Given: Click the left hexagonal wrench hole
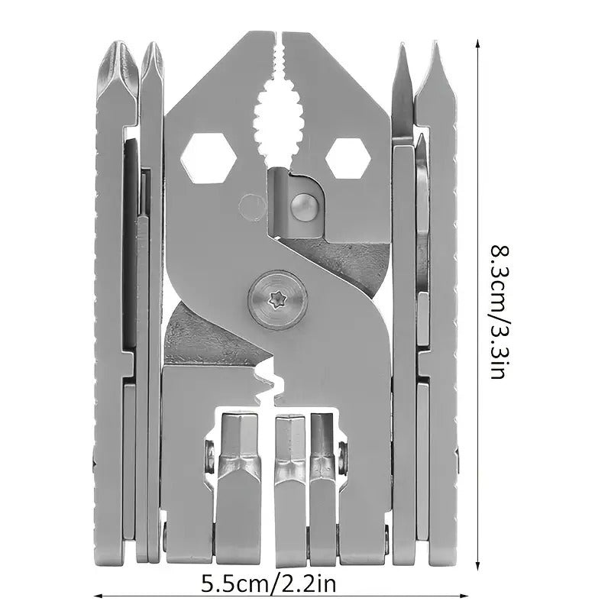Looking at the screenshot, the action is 209,158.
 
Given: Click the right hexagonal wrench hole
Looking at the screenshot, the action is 348,156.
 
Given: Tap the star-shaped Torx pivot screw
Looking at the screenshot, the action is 278,300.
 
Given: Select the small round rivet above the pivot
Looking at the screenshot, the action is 305,207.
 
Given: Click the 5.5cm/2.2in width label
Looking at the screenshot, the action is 269,584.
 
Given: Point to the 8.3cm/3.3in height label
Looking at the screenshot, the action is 498,312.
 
